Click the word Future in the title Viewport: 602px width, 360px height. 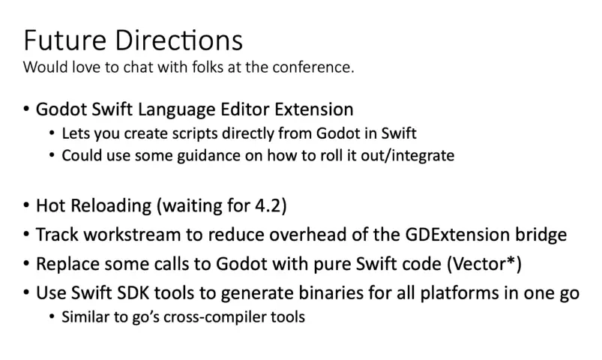tap(64, 40)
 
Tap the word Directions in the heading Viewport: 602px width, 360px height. tap(179, 40)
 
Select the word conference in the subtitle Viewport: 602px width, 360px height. tap(313, 67)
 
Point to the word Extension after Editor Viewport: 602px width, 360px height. tap(313, 109)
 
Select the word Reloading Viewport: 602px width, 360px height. tap(111, 206)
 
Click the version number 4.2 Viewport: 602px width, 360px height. tap(268, 205)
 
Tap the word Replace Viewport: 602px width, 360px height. tap(67, 264)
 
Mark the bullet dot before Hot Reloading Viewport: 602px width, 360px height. tap(26, 205)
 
